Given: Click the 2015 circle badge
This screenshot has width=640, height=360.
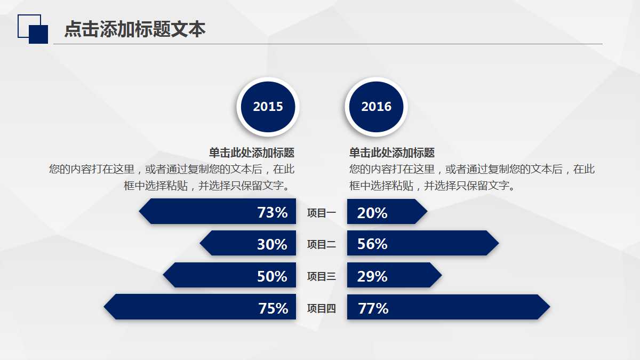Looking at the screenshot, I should click(268, 107).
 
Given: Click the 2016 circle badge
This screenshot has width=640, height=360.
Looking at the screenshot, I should click(376, 107).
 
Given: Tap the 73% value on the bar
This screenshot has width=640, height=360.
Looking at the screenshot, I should click(273, 212).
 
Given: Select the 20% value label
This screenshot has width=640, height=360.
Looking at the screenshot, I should click(372, 213).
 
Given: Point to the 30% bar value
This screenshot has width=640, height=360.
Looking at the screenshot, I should click(272, 244).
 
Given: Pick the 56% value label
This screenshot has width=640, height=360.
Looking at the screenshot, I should click(372, 244).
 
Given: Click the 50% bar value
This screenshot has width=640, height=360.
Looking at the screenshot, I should click(272, 276).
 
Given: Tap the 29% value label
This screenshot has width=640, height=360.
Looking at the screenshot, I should click(372, 276).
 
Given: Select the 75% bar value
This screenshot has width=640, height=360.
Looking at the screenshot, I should click(273, 308).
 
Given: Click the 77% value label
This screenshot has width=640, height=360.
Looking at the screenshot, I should click(373, 308).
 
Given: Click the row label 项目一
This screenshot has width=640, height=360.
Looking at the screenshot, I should click(322, 213).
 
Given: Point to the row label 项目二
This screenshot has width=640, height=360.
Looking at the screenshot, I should click(322, 244).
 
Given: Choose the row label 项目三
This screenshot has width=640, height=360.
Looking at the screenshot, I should click(322, 276).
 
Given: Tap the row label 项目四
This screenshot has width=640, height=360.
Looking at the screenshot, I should click(322, 308).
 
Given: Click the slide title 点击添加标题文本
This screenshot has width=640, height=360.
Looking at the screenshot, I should click(135, 29).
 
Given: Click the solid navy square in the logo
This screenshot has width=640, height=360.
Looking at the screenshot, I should click(38, 34).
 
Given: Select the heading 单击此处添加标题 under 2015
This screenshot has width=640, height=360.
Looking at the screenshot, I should click(252, 153).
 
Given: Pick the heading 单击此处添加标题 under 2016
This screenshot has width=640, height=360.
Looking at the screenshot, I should click(392, 153).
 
